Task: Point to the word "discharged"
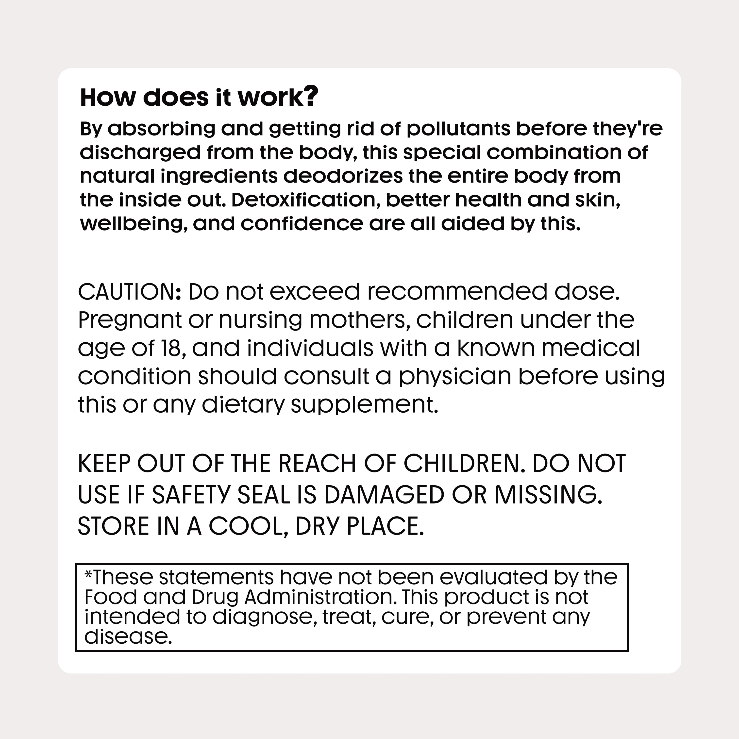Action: click(140, 153)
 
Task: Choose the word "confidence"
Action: click(302, 224)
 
